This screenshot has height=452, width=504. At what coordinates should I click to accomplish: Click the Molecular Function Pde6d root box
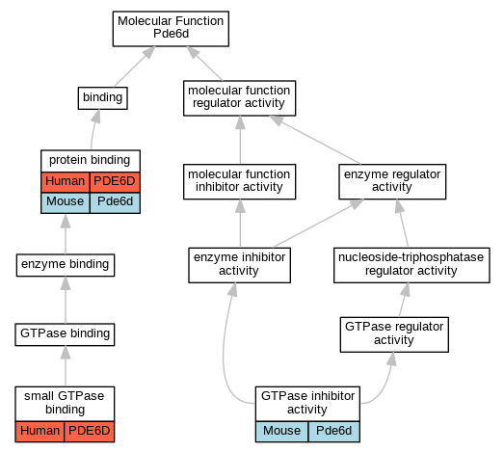(171, 29)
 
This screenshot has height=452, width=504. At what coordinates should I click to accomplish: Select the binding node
(102, 98)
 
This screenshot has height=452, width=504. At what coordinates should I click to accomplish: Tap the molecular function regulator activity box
(239, 98)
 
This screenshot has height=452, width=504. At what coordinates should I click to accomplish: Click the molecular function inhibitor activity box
(239, 181)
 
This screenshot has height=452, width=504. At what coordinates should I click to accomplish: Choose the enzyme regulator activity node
(392, 181)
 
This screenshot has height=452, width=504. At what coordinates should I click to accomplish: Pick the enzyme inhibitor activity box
(239, 265)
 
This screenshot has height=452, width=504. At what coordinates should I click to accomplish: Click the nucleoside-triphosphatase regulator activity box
(411, 265)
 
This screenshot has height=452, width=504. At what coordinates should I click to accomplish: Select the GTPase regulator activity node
(394, 334)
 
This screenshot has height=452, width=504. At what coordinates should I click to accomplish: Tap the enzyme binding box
(66, 265)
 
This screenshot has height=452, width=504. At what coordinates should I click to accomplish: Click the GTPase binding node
(65, 334)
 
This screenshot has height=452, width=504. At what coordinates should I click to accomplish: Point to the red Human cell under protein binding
(66, 182)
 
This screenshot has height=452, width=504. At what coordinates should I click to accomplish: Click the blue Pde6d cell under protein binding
(115, 202)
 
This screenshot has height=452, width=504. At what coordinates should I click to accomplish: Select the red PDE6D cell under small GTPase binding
(90, 432)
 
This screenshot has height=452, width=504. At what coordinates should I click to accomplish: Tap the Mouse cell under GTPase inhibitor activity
(282, 432)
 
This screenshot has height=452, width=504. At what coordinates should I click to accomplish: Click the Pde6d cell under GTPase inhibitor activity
(334, 432)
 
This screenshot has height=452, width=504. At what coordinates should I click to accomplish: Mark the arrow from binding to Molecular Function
(135, 66)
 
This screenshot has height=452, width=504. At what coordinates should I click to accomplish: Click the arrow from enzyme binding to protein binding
(66, 234)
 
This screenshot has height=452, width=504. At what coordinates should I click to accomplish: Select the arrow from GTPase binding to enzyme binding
(66, 300)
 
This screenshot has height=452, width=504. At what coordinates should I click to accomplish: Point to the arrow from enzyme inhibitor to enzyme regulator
(319, 224)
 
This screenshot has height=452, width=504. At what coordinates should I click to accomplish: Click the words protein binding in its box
(90, 160)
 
